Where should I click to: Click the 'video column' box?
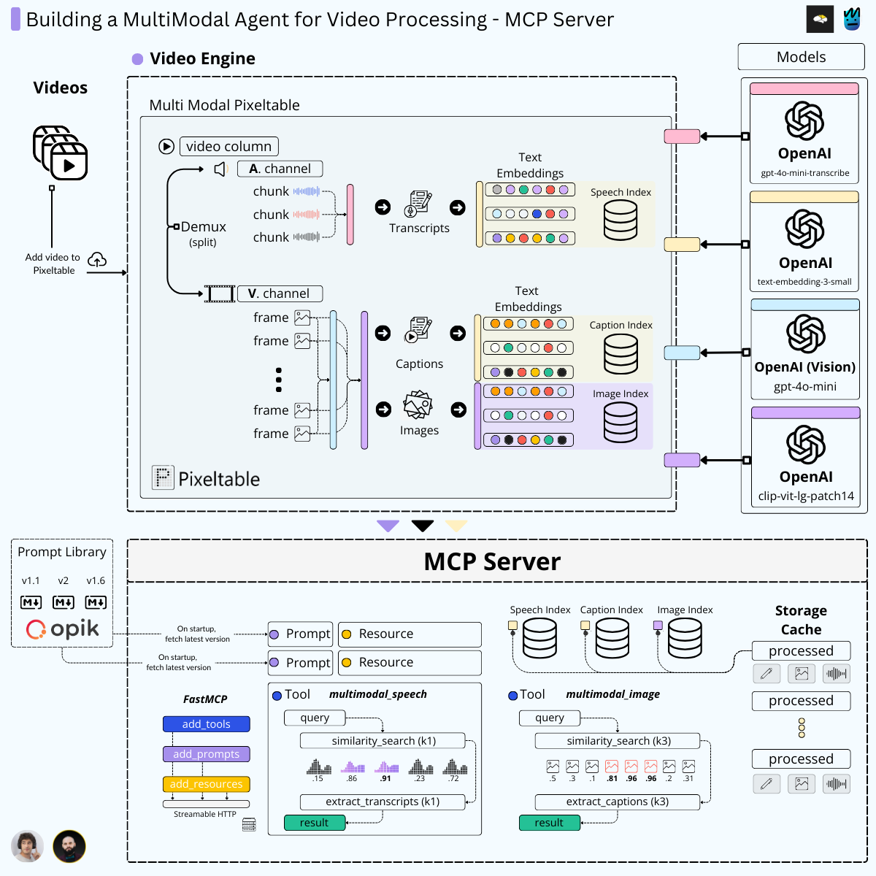(x=228, y=147)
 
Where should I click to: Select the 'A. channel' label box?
(x=280, y=169)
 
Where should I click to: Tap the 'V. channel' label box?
(x=280, y=293)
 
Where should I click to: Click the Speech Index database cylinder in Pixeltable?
(x=620, y=220)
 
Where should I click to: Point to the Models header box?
(x=801, y=57)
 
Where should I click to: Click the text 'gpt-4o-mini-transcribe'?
(x=804, y=173)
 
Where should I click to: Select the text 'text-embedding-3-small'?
(x=804, y=282)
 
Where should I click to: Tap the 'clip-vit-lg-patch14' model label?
(x=805, y=496)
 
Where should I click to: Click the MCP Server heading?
(x=492, y=561)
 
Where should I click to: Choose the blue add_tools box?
(x=206, y=724)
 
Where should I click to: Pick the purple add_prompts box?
(x=206, y=754)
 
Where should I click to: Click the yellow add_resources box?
(x=206, y=784)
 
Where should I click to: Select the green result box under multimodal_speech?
(x=314, y=823)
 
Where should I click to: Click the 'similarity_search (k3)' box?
(x=618, y=741)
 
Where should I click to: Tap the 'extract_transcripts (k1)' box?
(x=383, y=802)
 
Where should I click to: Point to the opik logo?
(x=63, y=629)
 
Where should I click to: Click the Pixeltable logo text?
(x=218, y=479)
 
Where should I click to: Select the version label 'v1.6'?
(x=96, y=581)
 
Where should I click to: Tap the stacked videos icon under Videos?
(x=61, y=153)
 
